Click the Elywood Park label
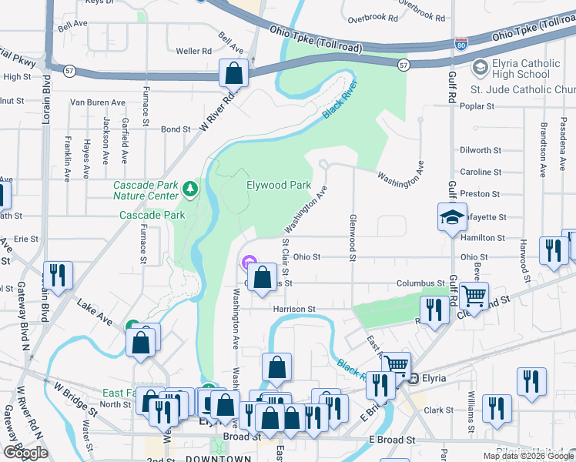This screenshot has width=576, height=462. (279, 185)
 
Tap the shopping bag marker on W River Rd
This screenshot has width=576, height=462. (234, 74)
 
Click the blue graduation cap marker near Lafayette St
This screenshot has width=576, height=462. (452, 218)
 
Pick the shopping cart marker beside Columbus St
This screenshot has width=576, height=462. (474, 295)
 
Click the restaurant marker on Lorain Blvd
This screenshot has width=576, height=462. (58, 276)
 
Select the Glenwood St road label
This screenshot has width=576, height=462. (353, 236)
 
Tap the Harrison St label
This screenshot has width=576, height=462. (293, 309)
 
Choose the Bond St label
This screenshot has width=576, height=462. (175, 129)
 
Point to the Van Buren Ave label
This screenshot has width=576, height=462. (98, 102)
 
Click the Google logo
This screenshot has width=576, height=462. (25, 453)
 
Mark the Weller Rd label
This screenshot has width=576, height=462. (193, 52)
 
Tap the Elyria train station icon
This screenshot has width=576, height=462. (413, 378)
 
